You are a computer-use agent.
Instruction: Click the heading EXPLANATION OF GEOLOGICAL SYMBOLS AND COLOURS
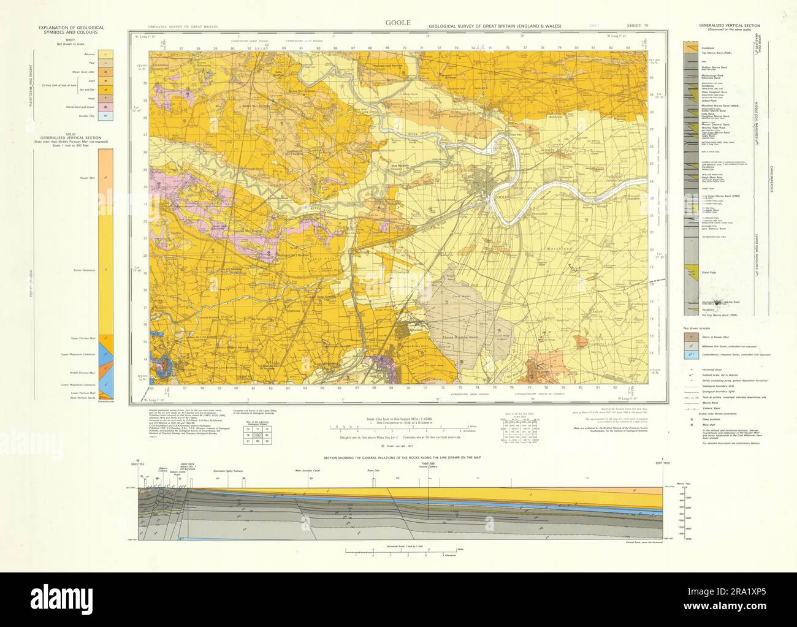[x=71, y=30]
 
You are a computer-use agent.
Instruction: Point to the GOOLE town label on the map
[x=503, y=197]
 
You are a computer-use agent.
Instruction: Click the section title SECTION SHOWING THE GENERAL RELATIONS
[x=398, y=458]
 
